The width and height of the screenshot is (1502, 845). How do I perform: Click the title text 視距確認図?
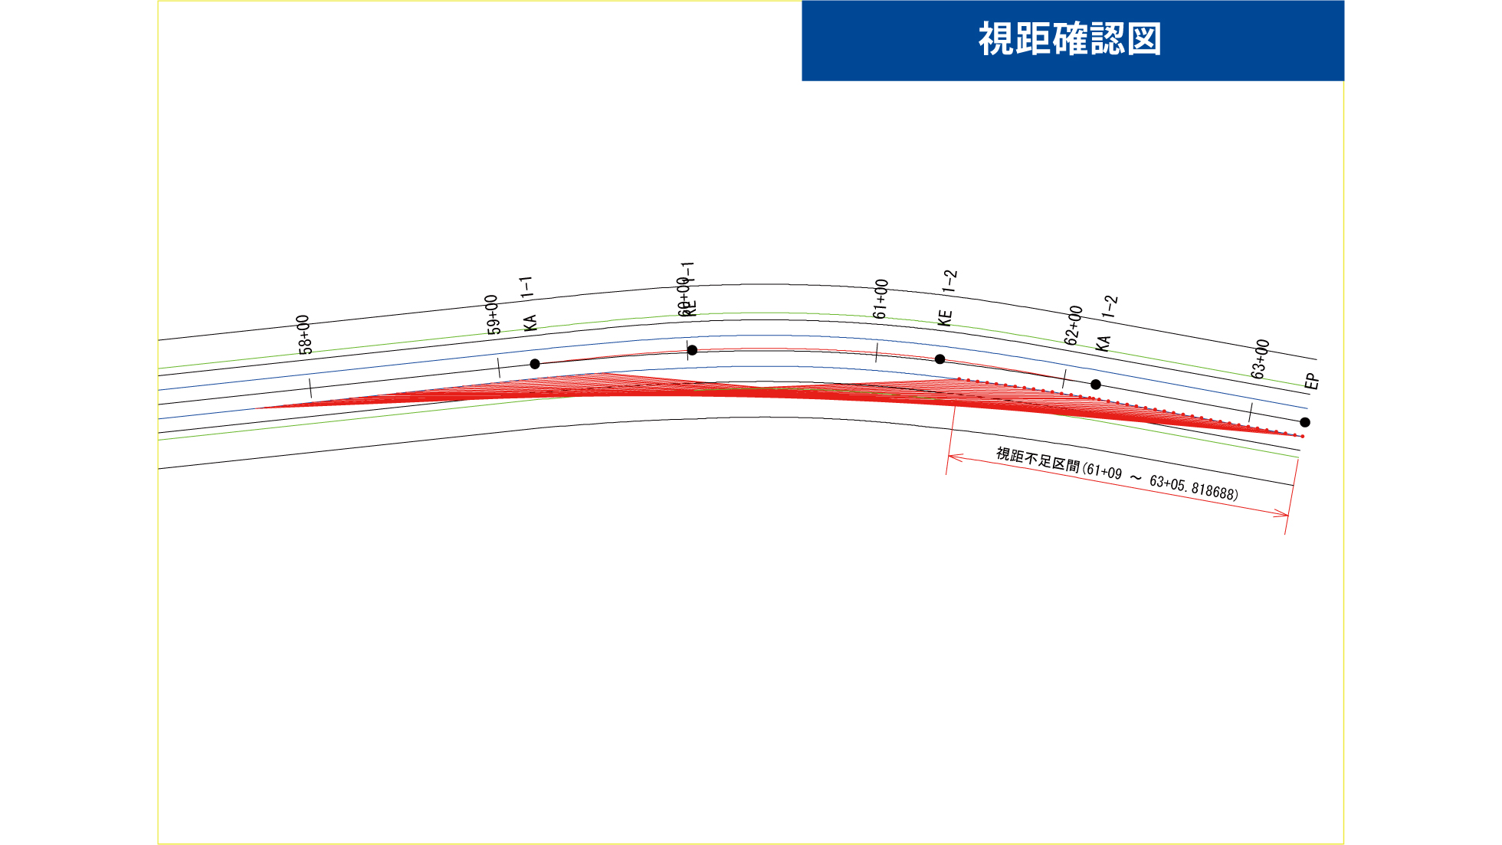point(1070,39)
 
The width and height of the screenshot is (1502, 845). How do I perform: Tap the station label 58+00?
point(305,335)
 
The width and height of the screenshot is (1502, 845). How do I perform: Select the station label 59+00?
point(494,315)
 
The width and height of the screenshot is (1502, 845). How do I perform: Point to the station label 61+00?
point(881,299)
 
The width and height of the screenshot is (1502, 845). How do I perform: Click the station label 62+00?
point(1074,326)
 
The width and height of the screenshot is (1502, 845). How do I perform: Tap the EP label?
point(1312,382)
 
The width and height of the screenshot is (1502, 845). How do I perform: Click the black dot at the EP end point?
point(1305,422)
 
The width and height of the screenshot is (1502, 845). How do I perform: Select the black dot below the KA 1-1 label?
point(535,364)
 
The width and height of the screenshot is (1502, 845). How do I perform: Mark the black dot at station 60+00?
point(692,350)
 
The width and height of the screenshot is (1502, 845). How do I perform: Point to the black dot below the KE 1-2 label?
point(940,359)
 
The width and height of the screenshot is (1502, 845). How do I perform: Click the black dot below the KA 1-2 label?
point(1096,385)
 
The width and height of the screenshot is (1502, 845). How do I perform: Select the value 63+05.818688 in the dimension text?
point(1193,487)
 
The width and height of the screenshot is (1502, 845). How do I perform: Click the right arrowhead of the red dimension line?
point(1284,514)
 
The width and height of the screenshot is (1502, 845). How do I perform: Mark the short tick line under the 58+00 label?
point(310,388)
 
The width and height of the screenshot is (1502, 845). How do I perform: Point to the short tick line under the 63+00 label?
point(1251,412)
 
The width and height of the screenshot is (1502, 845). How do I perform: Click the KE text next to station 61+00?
point(945,318)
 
